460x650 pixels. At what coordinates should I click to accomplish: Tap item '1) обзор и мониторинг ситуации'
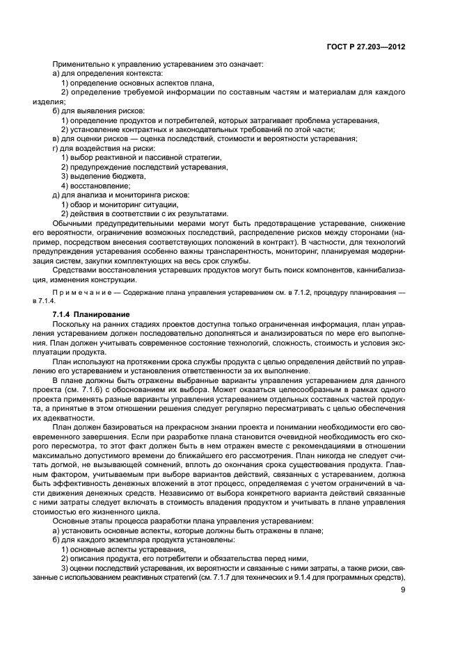(120, 204)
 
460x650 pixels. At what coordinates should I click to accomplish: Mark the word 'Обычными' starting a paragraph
(72, 223)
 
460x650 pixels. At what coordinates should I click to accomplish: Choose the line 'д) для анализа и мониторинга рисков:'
(120, 195)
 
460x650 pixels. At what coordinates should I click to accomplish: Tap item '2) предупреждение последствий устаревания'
(144, 167)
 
